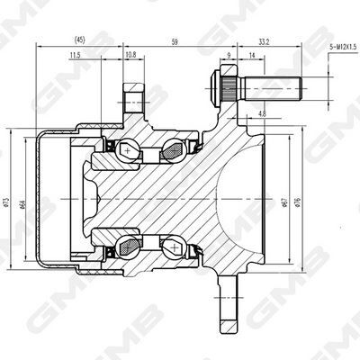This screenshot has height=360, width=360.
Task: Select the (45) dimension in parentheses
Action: (79, 40)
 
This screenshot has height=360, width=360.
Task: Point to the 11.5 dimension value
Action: (74, 56)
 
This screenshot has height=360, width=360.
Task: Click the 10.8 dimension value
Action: (130, 56)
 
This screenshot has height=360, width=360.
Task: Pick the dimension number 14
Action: (251, 57)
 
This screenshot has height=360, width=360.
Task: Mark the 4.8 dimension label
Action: (262, 114)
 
